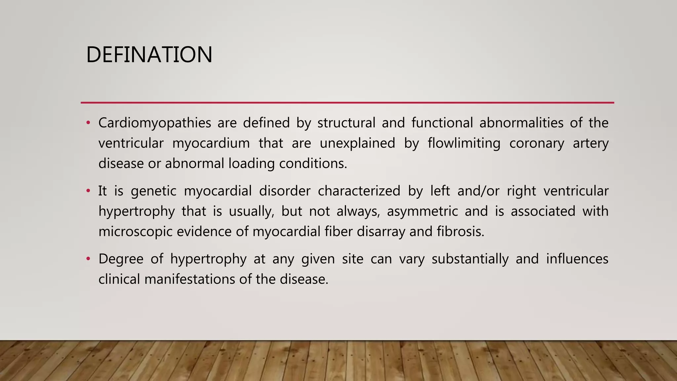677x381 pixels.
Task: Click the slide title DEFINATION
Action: [149, 55]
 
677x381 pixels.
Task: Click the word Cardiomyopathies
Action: [155, 123]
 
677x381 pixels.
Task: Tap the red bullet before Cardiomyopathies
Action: [88, 123]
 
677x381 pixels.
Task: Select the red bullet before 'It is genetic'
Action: [88, 191]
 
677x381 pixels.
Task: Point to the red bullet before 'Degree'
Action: [88, 259]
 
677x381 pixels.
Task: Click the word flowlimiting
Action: [464, 144]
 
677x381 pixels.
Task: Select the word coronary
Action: [537, 144]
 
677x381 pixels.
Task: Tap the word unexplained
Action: [357, 144]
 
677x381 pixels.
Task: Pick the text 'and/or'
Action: [478, 191]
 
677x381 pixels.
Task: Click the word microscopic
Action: [136, 232]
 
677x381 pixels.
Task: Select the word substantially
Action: [470, 259]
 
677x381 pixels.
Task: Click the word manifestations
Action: [190, 279]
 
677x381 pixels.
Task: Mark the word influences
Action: [577, 259]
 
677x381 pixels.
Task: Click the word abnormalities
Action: [521, 123]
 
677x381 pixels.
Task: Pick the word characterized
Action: [359, 191]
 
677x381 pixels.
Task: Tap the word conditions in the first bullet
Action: [313, 164]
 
